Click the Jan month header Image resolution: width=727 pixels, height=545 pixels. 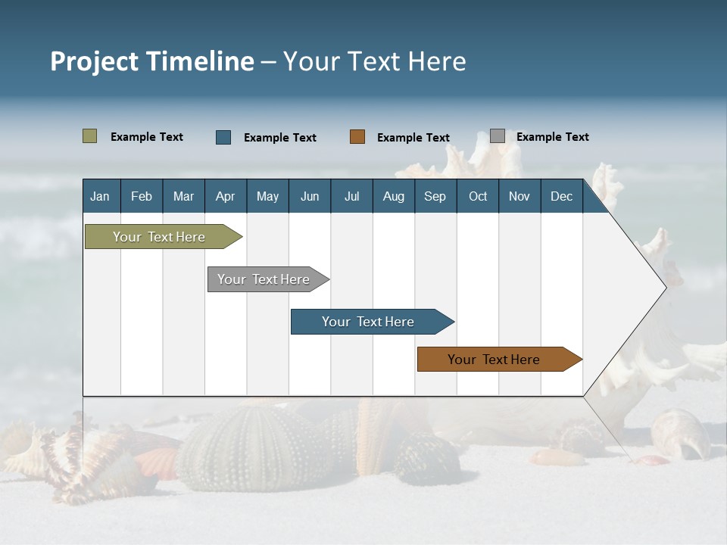pos(101,196)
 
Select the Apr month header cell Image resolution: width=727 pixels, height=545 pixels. pos(226,196)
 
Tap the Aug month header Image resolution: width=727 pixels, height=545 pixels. pos(393,196)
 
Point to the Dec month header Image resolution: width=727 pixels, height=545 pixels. pos(561,196)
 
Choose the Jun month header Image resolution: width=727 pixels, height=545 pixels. pos(310,196)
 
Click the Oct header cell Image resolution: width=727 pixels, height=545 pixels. pos(478,196)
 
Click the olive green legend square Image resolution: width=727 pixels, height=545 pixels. pos(90,136)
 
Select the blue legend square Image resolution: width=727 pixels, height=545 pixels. pos(223,137)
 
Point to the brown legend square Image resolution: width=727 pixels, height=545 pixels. pos(357,137)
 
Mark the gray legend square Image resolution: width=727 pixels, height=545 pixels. pos(498,136)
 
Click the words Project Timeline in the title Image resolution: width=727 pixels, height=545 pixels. pos(152,61)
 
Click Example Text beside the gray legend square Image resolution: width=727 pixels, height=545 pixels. pos(552,137)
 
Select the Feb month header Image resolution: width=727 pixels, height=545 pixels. pos(142,196)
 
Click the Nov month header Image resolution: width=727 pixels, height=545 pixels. pos(520,196)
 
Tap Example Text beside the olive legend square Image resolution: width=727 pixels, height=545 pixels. pos(147,137)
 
